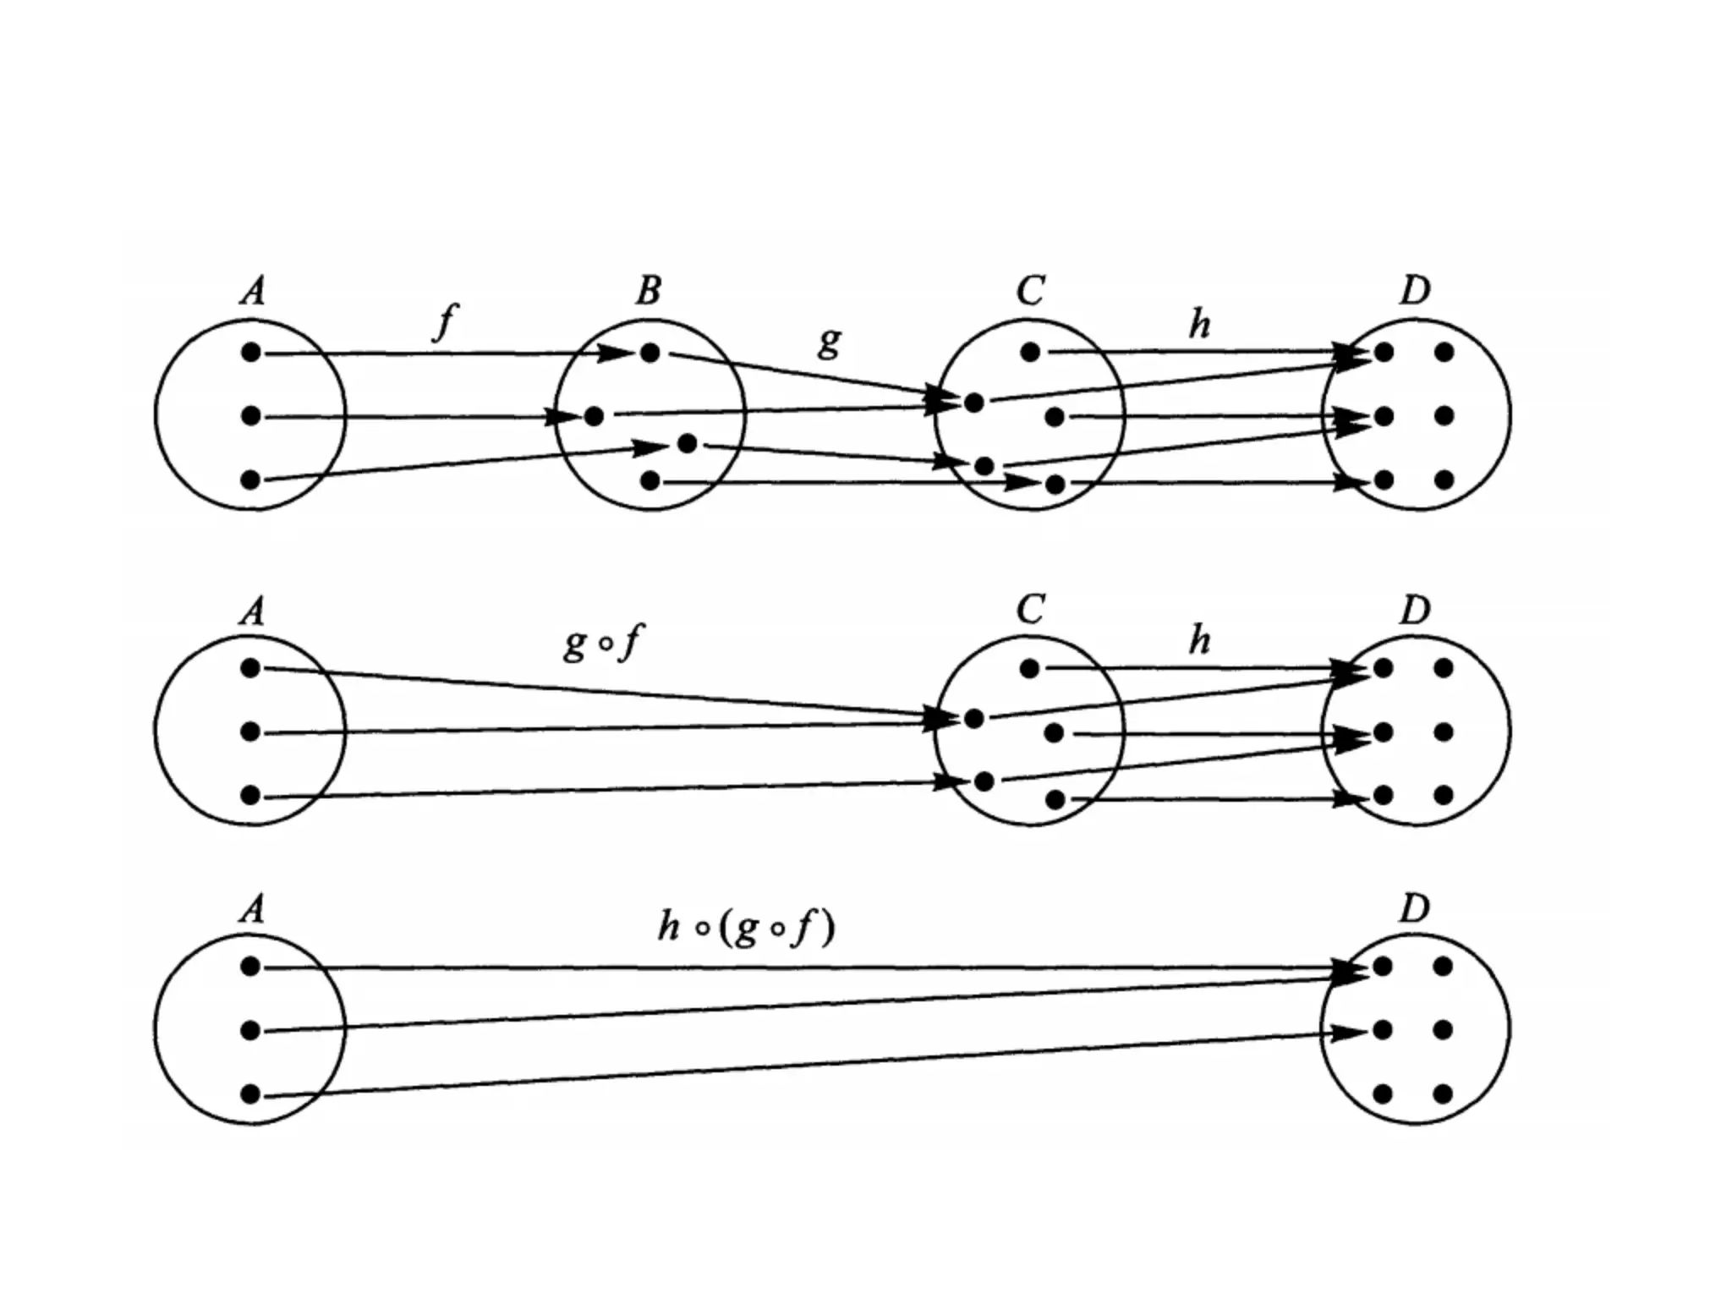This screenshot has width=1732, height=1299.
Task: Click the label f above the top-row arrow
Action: [x=445, y=321]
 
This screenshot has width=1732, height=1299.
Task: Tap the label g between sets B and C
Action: [x=830, y=341]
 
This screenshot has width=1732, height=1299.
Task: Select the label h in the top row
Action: [x=1199, y=323]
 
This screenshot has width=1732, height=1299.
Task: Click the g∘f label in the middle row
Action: [x=602, y=642]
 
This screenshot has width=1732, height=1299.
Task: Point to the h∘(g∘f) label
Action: [x=747, y=928]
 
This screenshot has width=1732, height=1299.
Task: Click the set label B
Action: [x=648, y=291]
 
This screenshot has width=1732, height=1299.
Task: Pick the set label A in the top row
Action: [x=252, y=291]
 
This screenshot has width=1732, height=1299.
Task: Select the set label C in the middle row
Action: [x=1029, y=609]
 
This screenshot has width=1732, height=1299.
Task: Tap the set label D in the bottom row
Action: [x=1414, y=908]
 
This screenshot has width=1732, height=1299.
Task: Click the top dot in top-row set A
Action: [x=250, y=353]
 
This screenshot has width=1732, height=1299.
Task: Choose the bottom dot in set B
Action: [x=649, y=481]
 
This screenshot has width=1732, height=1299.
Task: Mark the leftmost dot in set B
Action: [x=594, y=416]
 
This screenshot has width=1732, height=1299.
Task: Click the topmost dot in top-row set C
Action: [x=1029, y=352]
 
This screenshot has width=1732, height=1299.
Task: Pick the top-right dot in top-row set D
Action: [x=1444, y=352]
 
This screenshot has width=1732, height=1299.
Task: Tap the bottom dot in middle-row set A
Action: [x=250, y=795]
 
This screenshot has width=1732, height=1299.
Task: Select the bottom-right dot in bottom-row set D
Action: [x=1444, y=1094]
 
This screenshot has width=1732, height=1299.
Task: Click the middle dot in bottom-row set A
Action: [x=250, y=1030]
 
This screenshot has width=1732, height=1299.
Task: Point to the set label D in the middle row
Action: [x=1414, y=610]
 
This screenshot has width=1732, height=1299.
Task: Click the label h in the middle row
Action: [x=1199, y=640]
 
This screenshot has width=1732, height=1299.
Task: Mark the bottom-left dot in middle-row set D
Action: [x=1384, y=795]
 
